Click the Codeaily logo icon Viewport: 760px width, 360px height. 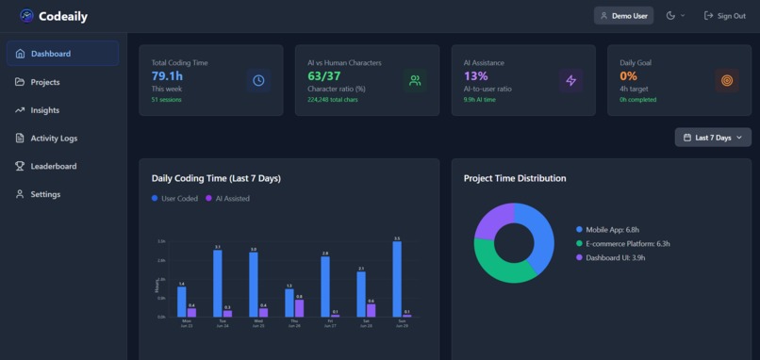(x=26, y=16)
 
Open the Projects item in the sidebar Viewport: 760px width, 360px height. (x=44, y=82)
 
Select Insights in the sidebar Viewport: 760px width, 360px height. (x=44, y=110)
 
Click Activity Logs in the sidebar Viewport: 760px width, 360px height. (x=53, y=139)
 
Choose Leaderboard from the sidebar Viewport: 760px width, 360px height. (x=53, y=167)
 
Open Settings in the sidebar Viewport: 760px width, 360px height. (x=44, y=195)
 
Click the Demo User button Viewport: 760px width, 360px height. (x=623, y=16)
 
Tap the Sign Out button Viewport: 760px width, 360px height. (x=724, y=16)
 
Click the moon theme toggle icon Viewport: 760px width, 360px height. (x=671, y=16)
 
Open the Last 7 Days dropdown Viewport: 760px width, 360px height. (x=713, y=138)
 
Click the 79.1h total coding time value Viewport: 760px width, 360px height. (x=167, y=75)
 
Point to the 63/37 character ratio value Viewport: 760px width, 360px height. (x=324, y=75)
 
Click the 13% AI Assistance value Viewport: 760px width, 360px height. (x=475, y=75)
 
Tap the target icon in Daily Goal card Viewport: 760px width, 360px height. (x=726, y=81)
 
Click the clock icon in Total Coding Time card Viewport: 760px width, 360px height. (x=258, y=81)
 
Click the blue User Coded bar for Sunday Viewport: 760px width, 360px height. (x=397, y=279)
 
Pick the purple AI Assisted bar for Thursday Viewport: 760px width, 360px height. (x=300, y=308)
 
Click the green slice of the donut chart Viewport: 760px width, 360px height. (x=501, y=268)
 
